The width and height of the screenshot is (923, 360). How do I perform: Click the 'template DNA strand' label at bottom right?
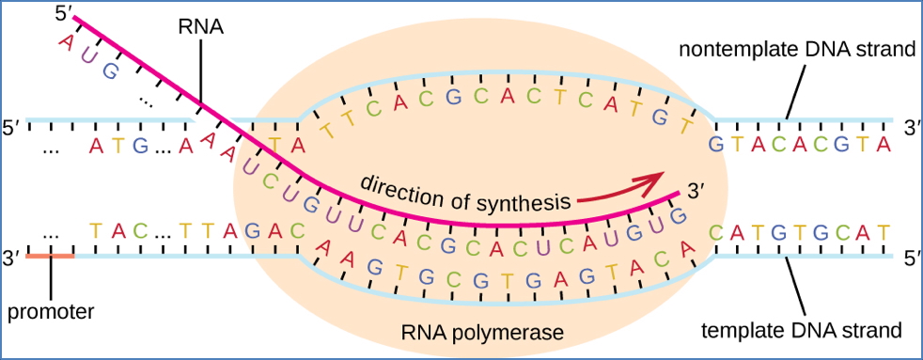802,330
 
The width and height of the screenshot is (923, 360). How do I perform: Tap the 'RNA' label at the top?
200,26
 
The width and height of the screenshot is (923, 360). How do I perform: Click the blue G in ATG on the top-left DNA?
139,145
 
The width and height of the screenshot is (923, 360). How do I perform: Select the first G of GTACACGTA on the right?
716,144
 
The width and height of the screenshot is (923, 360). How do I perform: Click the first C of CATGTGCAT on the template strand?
716,230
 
